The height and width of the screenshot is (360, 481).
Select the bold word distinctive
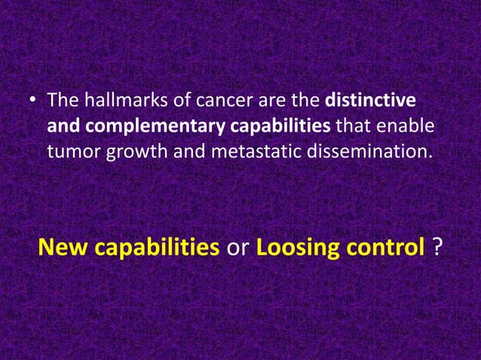click(370, 100)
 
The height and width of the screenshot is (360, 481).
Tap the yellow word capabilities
click(158, 248)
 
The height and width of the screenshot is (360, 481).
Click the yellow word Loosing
click(295, 248)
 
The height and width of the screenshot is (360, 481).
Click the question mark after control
click(438, 247)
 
